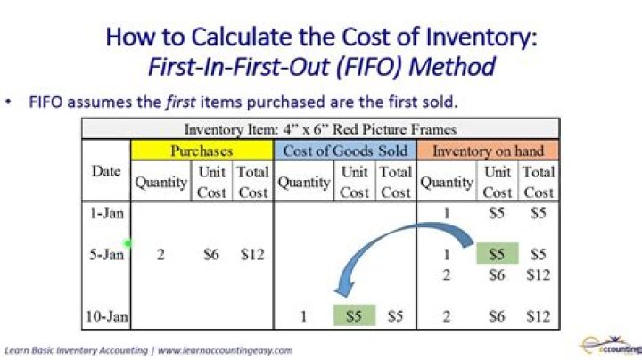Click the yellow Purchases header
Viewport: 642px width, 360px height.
pos(202,151)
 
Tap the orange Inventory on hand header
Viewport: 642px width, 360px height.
pos(488,151)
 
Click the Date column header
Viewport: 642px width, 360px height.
pos(106,172)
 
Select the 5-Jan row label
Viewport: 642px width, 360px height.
pos(107,255)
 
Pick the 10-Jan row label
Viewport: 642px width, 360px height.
pos(106,315)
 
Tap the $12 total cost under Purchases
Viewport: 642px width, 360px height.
pos(252,255)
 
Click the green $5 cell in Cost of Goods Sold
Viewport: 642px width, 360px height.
pos(354,315)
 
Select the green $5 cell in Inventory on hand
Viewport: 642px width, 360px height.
pos(497,255)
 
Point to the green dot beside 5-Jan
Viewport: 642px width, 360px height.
pos(128,243)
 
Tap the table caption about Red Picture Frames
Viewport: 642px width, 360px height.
pos(319,129)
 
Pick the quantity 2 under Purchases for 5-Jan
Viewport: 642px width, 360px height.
pos(160,255)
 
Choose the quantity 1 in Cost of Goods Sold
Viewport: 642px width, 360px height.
pos(303,315)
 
